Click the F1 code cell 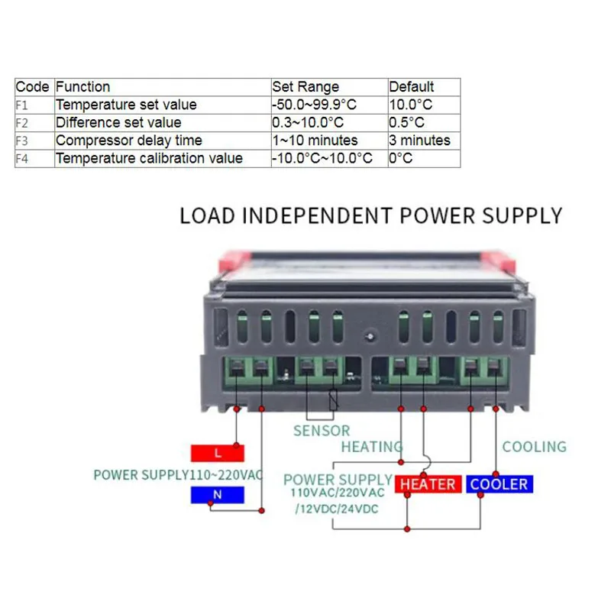pyautogui.click(x=22, y=105)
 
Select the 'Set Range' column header pyautogui.click(x=305, y=87)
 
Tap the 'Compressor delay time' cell pyautogui.click(x=128, y=141)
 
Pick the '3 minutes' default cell pyautogui.click(x=419, y=141)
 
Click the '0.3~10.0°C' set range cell pyautogui.click(x=308, y=122)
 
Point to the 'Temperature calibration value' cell pyautogui.click(x=149, y=159)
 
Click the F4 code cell pyautogui.click(x=22, y=159)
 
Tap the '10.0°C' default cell pyautogui.click(x=410, y=105)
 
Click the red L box pyautogui.click(x=217, y=453)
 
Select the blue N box pyautogui.click(x=217, y=495)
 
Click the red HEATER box pyautogui.click(x=428, y=484)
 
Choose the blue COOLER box pyautogui.click(x=499, y=484)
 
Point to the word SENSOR pyautogui.click(x=322, y=432)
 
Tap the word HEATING pyautogui.click(x=372, y=447)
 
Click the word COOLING pyautogui.click(x=534, y=447)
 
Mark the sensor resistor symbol pyautogui.click(x=332, y=401)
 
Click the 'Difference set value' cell pyautogui.click(x=118, y=122)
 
